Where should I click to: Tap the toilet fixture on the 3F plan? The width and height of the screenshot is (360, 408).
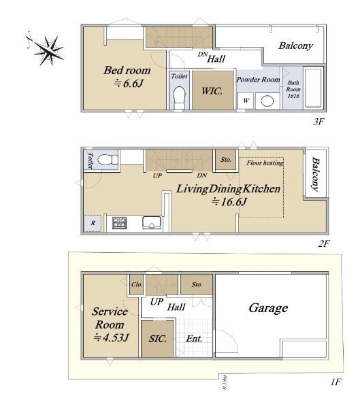pos(179,98)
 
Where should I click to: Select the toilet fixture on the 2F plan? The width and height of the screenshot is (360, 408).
pos(108,160)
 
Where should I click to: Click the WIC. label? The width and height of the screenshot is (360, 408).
pos(212,91)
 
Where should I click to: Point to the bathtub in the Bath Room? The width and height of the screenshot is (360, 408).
pos(313,88)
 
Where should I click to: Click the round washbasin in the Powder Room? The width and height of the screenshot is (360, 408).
pos(267,101)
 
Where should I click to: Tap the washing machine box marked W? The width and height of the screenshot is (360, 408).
pos(246,101)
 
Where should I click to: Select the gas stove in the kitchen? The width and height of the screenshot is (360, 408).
pos(119,223)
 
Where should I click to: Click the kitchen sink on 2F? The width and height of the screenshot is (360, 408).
pos(152,223)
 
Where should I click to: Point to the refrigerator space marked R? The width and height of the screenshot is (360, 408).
pos(93,223)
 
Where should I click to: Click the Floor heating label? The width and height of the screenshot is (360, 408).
pos(265,163)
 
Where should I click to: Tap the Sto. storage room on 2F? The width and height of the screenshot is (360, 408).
pos(225,160)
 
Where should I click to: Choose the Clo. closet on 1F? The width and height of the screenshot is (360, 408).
pos(137,284)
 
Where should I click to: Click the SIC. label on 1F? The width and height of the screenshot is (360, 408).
pos(158,339)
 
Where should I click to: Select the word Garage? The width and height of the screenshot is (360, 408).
pos(268,309)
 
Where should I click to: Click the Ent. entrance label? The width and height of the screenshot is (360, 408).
pos(194,339)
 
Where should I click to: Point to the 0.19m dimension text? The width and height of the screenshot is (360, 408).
pos(225,382)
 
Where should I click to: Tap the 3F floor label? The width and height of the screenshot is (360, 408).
pos(318,122)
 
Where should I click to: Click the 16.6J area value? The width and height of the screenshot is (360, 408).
pos(229,202)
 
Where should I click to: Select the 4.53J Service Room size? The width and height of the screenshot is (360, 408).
pos(111,337)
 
